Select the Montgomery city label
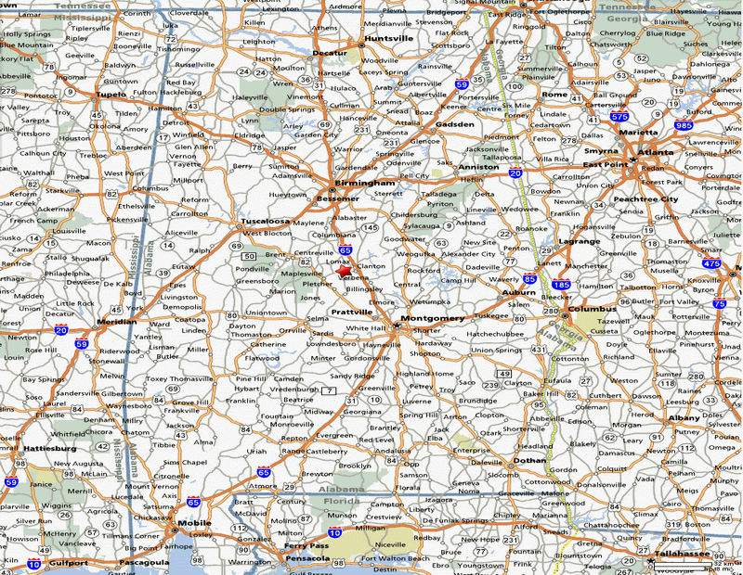click(432, 319)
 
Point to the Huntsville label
click(389, 39)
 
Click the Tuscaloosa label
click(267, 222)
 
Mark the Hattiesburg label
click(51, 448)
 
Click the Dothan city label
click(530, 459)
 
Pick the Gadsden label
click(455, 124)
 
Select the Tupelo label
click(111, 95)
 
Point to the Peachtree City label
click(645, 199)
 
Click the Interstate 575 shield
click(619, 118)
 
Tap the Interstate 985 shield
click(684, 125)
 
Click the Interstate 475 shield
click(711, 264)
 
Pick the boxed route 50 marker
click(249, 256)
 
